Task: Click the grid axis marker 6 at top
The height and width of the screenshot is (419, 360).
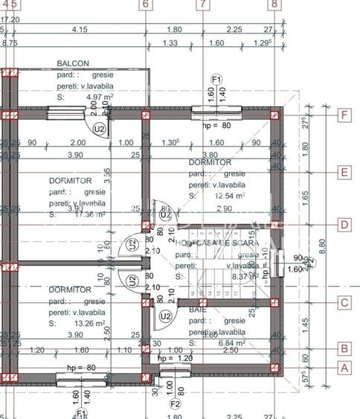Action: click(145, 4)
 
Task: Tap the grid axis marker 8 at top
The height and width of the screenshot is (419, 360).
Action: click(274, 4)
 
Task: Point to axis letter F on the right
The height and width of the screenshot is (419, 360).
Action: click(344, 115)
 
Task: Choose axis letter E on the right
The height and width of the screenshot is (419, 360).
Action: click(344, 173)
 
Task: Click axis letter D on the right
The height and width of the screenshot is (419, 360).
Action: click(344, 224)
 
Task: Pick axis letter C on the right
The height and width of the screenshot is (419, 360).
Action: click(344, 302)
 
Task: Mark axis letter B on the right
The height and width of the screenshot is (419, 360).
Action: click(344, 348)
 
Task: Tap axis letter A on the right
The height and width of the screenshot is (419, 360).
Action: click(344, 367)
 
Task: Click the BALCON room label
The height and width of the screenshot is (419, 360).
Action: click(73, 64)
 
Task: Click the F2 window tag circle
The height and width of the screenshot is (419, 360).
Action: click(176, 405)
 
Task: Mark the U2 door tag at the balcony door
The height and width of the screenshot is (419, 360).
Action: click(99, 129)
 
